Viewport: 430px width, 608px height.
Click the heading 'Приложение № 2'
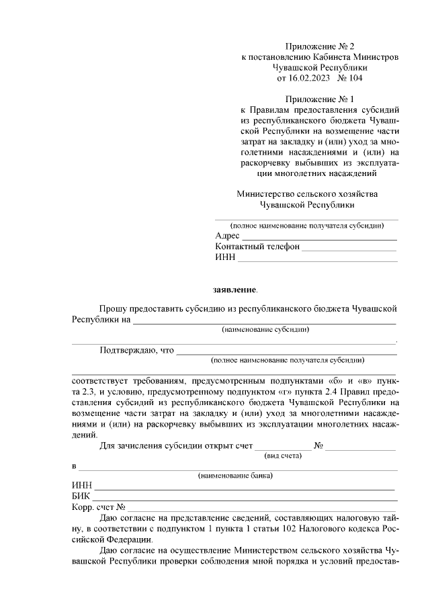[x=320, y=46]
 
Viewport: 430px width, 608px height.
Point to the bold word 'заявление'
[x=234, y=290]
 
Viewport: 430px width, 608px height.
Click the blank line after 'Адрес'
[x=319, y=236]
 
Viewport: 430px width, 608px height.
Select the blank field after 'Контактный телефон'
[x=349, y=247]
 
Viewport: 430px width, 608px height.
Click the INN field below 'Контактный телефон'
[x=317, y=258]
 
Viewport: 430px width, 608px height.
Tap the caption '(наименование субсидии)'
[x=265, y=330]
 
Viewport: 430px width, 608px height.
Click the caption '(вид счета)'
[x=283, y=456]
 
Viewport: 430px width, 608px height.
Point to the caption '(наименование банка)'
[x=234, y=476]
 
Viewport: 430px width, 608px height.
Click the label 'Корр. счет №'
[x=98, y=507]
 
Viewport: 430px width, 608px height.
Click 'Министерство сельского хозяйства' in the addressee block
[x=307, y=194]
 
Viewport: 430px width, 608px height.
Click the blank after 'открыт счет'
[x=283, y=447]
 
